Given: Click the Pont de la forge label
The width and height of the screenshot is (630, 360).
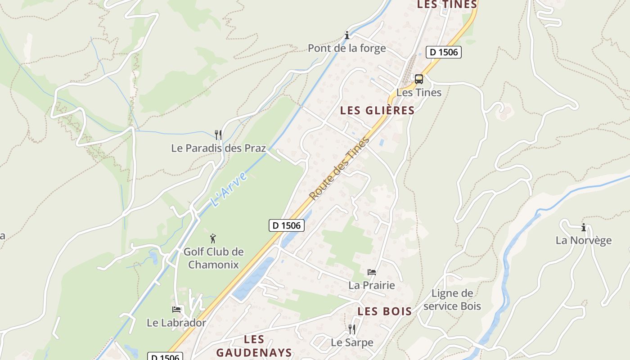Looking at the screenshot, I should coord(346,48).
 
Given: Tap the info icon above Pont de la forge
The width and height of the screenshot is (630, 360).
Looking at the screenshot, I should coord(346,35).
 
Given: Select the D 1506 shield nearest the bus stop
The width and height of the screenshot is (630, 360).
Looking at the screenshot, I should coord(444,52).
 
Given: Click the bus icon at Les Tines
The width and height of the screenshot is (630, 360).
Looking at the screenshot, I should coord(419,79).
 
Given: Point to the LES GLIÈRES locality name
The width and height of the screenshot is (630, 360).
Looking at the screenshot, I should coord(377,111).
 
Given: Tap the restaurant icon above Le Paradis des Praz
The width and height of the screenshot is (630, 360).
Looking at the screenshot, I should coord(218,135).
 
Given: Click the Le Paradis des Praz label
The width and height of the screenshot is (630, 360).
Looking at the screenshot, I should coord(218,148).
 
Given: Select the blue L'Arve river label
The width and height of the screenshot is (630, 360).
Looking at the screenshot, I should coord(229,189).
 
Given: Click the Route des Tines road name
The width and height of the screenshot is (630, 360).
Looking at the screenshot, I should coord(340,168).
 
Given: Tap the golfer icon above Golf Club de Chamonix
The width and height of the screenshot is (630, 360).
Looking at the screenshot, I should coord(213,238).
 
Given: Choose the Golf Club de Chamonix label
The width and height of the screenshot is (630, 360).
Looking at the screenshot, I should coord(213,258).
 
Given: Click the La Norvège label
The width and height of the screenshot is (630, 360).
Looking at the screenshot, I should coord(584,240).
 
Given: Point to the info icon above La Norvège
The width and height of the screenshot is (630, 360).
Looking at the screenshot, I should coord(584,227).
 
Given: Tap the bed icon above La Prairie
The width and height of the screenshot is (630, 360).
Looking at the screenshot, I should coord(372,272).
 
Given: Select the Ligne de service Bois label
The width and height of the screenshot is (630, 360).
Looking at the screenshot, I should coord(452,300).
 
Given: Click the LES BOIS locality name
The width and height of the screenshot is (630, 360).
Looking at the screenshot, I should coord(385,311).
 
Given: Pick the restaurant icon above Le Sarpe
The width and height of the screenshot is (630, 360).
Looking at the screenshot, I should coord(352,329).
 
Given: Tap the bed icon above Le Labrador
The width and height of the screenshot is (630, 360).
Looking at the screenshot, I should coord(176,310).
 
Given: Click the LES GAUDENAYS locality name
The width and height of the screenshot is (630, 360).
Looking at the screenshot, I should coord(254,346).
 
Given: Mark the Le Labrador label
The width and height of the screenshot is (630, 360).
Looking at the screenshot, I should coord(176,323).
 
